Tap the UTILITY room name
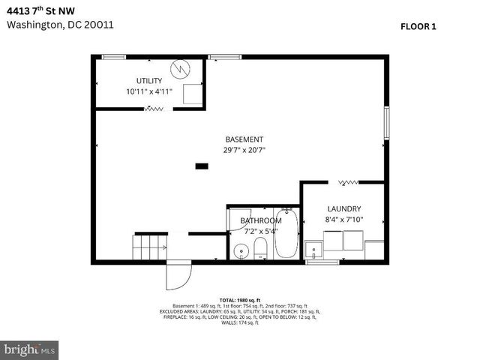[x=148, y=80]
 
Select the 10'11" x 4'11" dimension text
[x=149, y=91]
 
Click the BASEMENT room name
[x=244, y=139]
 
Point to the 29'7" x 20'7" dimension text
[x=244, y=150]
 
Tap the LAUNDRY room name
[x=344, y=208]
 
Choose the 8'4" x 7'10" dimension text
[x=344, y=219]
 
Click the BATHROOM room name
[x=260, y=220]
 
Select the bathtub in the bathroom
[x=287, y=234]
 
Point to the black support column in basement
[x=201, y=166]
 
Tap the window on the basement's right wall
[x=387, y=122]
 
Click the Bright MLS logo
[x=30, y=349]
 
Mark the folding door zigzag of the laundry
[x=348, y=181]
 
